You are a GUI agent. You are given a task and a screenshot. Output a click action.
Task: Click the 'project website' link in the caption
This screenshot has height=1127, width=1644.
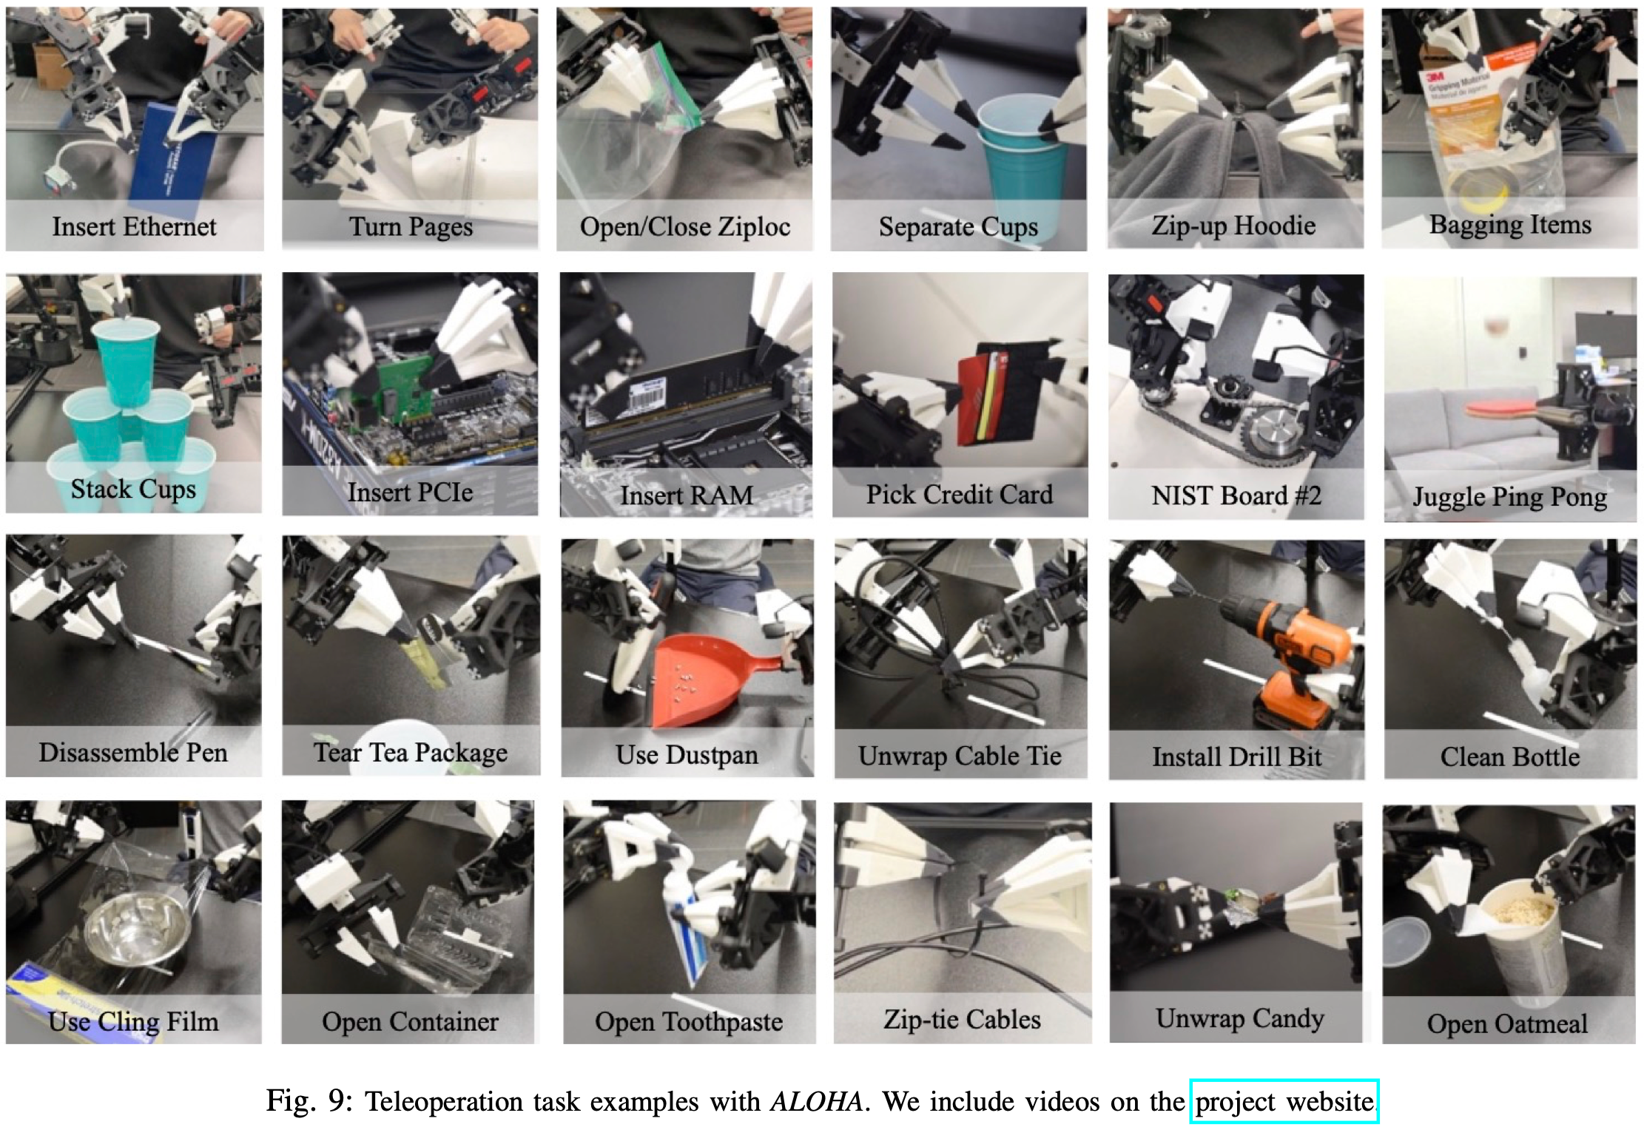pyautogui.click(x=1284, y=1101)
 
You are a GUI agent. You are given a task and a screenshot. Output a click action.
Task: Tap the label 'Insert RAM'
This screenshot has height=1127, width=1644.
pyautogui.click(x=687, y=495)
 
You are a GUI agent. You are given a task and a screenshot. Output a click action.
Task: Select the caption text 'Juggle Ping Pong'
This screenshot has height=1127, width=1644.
pyautogui.click(x=1510, y=497)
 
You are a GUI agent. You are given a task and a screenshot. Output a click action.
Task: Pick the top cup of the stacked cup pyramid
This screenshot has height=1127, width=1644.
pyautogui.click(x=127, y=359)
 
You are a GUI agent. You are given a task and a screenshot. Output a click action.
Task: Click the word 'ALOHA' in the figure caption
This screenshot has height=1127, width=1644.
pyautogui.click(x=816, y=1101)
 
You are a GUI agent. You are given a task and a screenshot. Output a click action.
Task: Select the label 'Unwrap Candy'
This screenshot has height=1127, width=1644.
pyautogui.click(x=1239, y=1019)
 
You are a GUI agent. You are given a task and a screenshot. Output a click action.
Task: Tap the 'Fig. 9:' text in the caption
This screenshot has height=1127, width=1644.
pyautogui.click(x=309, y=1101)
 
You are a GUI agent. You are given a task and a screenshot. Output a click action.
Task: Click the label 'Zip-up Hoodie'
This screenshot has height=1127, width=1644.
pyautogui.click(x=1233, y=226)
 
